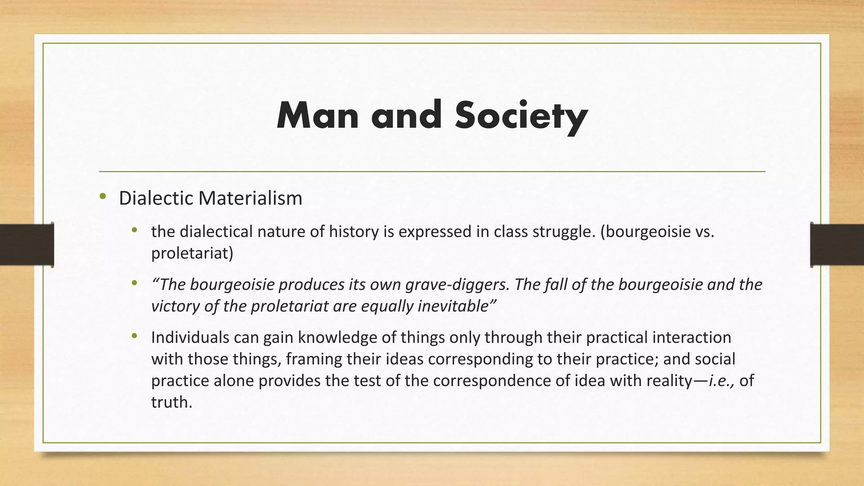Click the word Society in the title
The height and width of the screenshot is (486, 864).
521,116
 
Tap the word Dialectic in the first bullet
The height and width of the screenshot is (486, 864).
156,198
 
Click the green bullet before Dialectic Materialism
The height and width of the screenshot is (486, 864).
103,196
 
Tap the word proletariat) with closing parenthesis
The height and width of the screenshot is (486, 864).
192,253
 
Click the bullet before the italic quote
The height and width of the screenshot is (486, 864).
135,283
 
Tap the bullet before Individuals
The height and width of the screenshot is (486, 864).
135,336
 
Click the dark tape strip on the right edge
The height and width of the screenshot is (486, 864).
837,245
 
